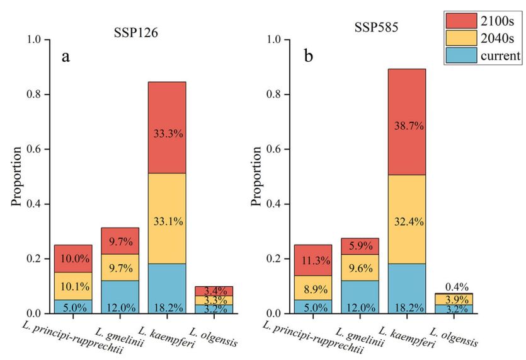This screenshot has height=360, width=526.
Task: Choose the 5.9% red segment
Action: click(x=360, y=247)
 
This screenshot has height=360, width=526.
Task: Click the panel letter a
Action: click(x=65, y=57)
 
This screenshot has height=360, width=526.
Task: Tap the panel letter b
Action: click(x=308, y=57)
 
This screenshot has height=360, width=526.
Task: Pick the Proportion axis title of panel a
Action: click(x=18, y=177)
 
